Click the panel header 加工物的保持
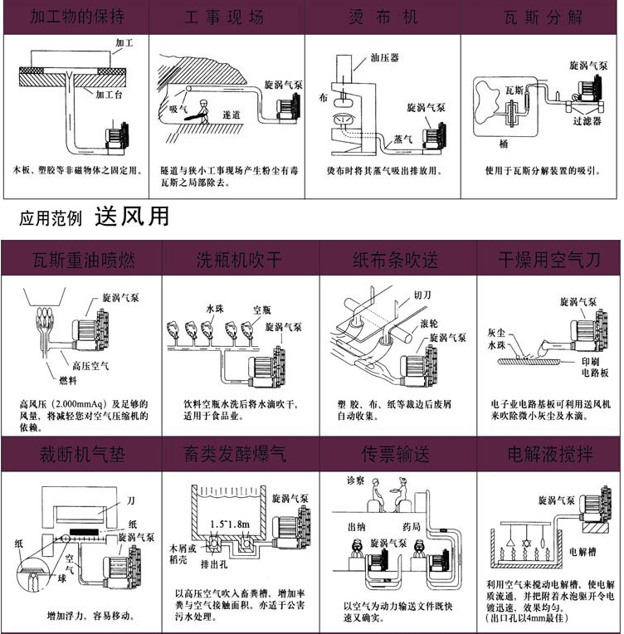pos(79,17)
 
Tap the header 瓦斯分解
pos(546,17)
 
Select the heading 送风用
pos(133,217)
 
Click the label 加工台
pos(110,95)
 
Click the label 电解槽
pos(587,549)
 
